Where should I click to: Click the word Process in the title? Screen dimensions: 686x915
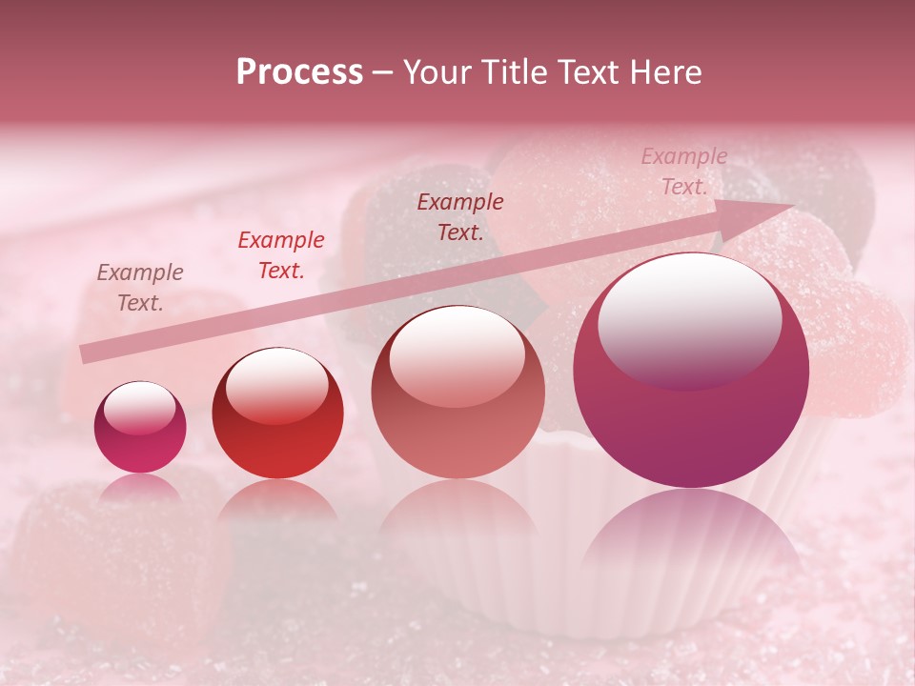pos(299,72)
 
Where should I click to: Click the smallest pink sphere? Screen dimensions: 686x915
pos(140,428)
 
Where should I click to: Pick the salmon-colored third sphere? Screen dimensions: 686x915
pos(457,393)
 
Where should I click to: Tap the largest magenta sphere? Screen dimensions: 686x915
pos(691,372)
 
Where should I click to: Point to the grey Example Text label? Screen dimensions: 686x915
pos(140,288)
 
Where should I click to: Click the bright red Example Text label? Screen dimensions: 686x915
pos(281,255)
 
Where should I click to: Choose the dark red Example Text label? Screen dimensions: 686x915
pos(460,216)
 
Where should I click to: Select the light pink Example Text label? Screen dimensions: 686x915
pos(683,171)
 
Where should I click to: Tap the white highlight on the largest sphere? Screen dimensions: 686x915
pos(689,319)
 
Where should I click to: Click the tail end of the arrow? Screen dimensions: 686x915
pos(88,354)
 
